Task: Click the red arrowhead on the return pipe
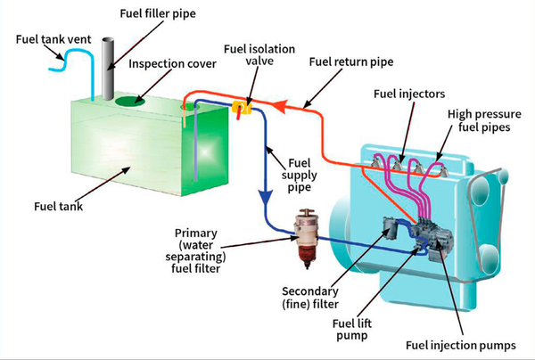[x=277, y=107]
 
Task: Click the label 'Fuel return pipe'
[x=350, y=63]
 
